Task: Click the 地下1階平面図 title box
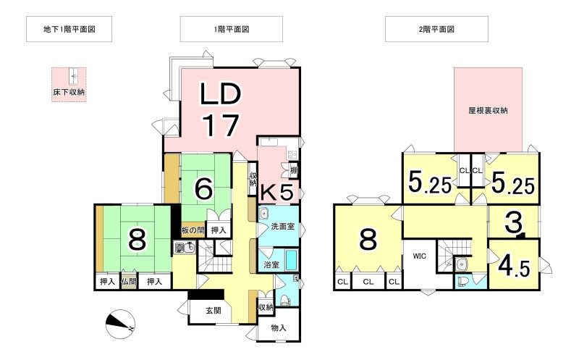pyautogui.click(x=69, y=29)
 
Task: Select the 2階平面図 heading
pyautogui.click(x=436, y=29)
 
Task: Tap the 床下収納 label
pyautogui.click(x=69, y=92)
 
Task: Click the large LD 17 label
pyautogui.click(x=221, y=110)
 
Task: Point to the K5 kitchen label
pyautogui.click(x=278, y=192)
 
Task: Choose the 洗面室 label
pyautogui.click(x=283, y=226)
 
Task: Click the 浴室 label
pyautogui.click(x=271, y=264)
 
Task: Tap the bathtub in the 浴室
pyautogui.click(x=292, y=260)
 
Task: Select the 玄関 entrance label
pyautogui.click(x=213, y=311)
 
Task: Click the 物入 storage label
pyautogui.click(x=279, y=327)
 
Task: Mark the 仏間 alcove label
pyautogui.click(x=129, y=282)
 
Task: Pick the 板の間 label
pyautogui.click(x=193, y=230)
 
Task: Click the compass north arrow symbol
pyautogui.click(x=120, y=323)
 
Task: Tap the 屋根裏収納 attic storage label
pyautogui.click(x=488, y=110)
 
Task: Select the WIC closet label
pyautogui.click(x=420, y=256)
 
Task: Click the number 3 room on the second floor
pyautogui.click(x=513, y=222)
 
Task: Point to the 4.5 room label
pyautogui.click(x=514, y=265)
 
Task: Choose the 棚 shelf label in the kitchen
pyautogui.click(x=294, y=170)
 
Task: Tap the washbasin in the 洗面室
pyautogui.click(x=263, y=213)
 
